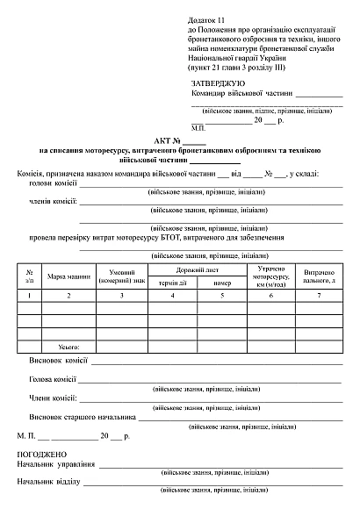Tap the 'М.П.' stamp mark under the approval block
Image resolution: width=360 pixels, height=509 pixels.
pos(198,126)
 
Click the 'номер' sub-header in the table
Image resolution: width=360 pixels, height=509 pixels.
pos(220,283)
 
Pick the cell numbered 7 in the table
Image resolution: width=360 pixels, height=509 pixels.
pos(320,297)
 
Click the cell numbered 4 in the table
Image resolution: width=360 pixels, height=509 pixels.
pos(172,297)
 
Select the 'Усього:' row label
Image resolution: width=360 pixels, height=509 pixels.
pos(68,348)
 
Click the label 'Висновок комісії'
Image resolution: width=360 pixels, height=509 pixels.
pos(58,361)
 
